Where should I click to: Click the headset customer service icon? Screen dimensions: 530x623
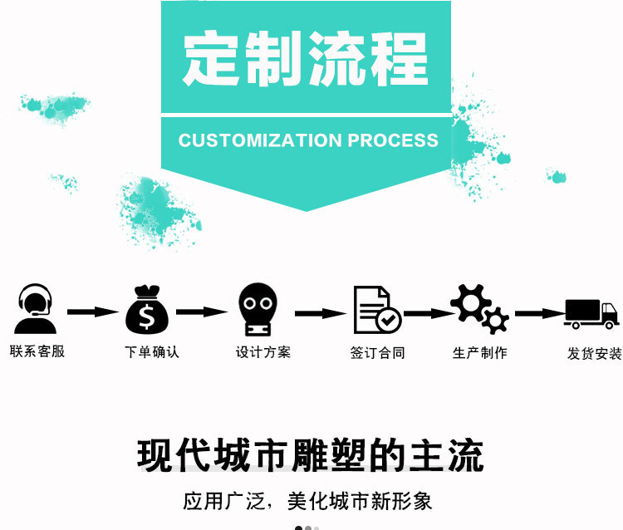(35, 309)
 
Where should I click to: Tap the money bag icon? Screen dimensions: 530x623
(147, 309)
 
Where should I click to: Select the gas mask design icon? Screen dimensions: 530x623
(258, 309)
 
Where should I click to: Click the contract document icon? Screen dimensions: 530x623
(375, 309)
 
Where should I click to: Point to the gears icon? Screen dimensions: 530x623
(479, 309)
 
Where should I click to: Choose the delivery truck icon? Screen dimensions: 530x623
(591, 313)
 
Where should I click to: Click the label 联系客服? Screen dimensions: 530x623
(37, 351)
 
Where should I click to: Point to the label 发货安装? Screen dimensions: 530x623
(594, 353)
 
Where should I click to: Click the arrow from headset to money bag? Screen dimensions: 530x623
(93, 312)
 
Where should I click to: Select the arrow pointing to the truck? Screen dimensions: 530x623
(539, 313)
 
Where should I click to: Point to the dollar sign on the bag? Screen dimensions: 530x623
(147, 317)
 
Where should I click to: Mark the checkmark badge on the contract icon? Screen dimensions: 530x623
(388, 320)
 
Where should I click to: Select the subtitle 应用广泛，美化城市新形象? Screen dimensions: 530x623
(307, 502)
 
